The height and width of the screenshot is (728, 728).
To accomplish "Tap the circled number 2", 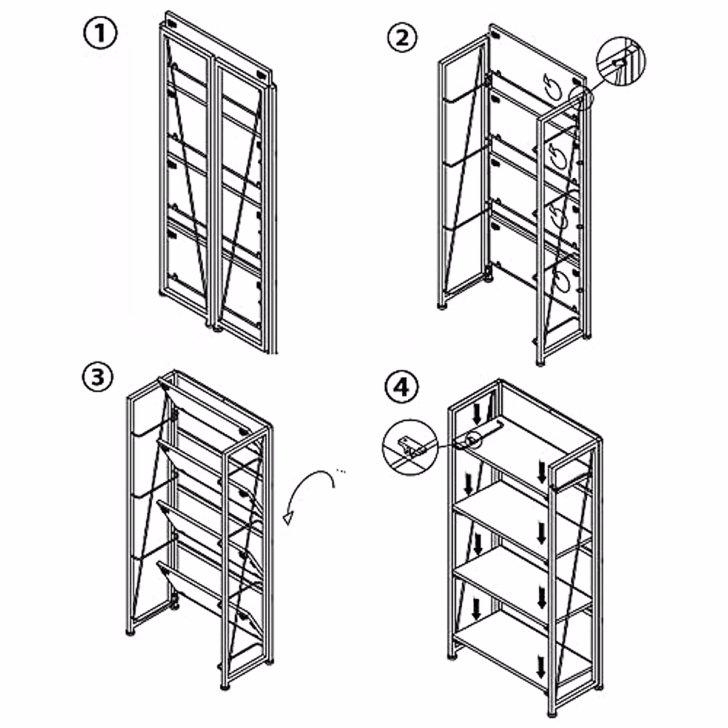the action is point(403,38).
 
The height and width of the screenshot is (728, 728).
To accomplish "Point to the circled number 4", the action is point(403,387).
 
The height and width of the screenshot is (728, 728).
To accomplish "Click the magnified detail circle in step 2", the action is point(621,61).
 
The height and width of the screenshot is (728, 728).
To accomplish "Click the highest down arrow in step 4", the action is point(477,414).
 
